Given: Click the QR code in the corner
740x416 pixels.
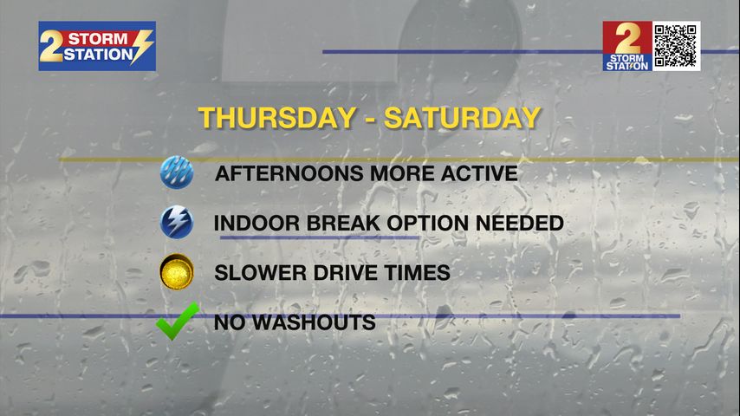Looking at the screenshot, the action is click(x=675, y=46).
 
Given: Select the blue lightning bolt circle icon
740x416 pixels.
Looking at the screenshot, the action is click(x=177, y=222).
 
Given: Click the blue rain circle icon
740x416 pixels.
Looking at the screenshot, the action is click(x=177, y=172).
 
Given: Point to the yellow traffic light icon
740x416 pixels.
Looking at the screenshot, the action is click(x=177, y=271).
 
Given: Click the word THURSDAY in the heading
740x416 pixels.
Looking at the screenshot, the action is click(x=277, y=118).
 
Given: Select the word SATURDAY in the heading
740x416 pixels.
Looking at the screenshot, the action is click(x=462, y=118).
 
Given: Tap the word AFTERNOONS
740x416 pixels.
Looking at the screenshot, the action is click(x=290, y=173).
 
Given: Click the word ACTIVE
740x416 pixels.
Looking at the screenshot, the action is click(x=479, y=173).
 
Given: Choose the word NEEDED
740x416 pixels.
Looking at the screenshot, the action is click(x=520, y=223).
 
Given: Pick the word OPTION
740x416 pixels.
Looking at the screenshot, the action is click(x=427, y=223).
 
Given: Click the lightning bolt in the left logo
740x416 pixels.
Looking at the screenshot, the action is click(x=140, y=46).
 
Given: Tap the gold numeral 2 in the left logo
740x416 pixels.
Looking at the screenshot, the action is click(x=51, y=46).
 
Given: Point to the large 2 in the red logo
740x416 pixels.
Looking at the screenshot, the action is click(x=627, y=39).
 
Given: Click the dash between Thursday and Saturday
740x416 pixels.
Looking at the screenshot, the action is click(x=371, y=119).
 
